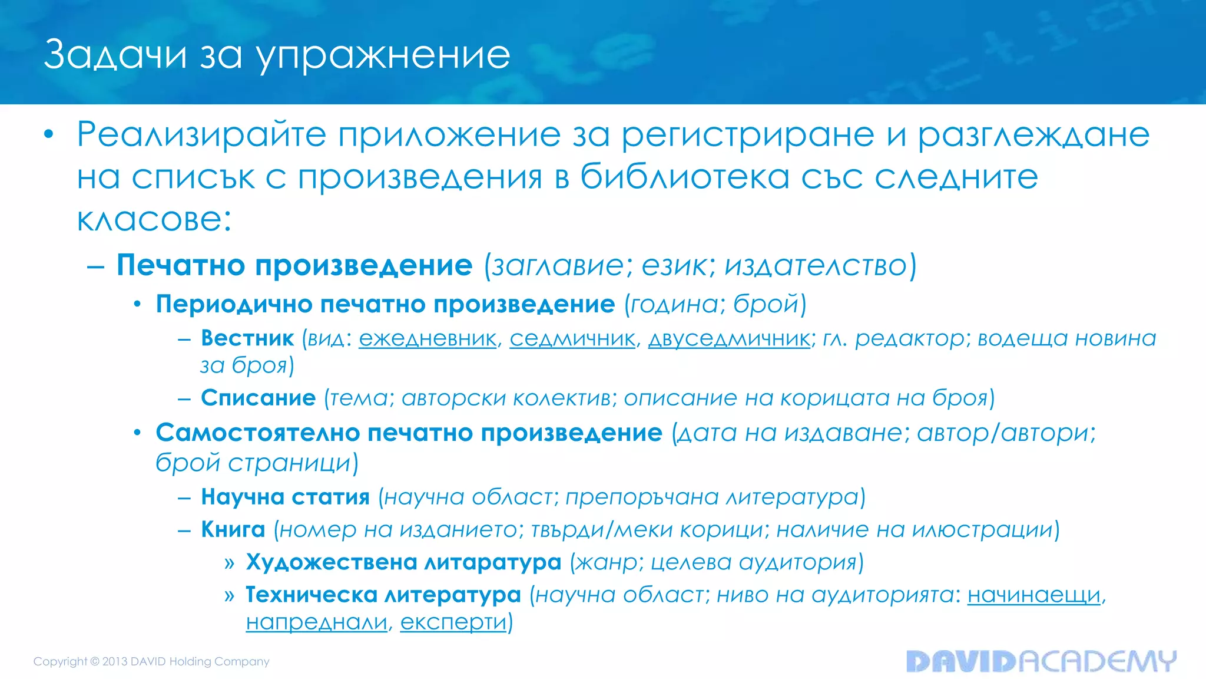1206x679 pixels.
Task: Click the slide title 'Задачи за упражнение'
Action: pos(277,55)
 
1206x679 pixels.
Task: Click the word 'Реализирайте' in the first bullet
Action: pos(201,135)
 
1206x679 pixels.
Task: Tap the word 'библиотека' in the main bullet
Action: pos(684,177)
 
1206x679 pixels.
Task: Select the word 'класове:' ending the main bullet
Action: pos(154,220)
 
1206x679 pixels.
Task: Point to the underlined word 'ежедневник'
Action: pos(428,339)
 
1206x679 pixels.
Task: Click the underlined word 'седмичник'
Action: pos(572,339)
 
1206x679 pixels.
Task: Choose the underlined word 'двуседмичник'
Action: pos(729,339)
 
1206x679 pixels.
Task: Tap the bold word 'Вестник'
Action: pos(247,338)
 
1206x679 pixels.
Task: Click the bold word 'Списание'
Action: pos(258,398)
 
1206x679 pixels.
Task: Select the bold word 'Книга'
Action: pos(233,529)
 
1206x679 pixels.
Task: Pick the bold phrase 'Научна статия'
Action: pos(285,497)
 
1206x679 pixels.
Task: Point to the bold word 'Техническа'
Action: pos(311,595)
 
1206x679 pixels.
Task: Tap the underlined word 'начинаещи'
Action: pos(1034,595)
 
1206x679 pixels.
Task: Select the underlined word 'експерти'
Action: pos(453,622)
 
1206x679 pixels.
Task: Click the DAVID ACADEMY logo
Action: pos(1041,661)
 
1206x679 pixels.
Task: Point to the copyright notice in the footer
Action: pos(151,661)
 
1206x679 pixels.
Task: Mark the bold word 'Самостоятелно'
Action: pos(258,433)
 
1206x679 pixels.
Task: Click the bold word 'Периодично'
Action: pos(234,305)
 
